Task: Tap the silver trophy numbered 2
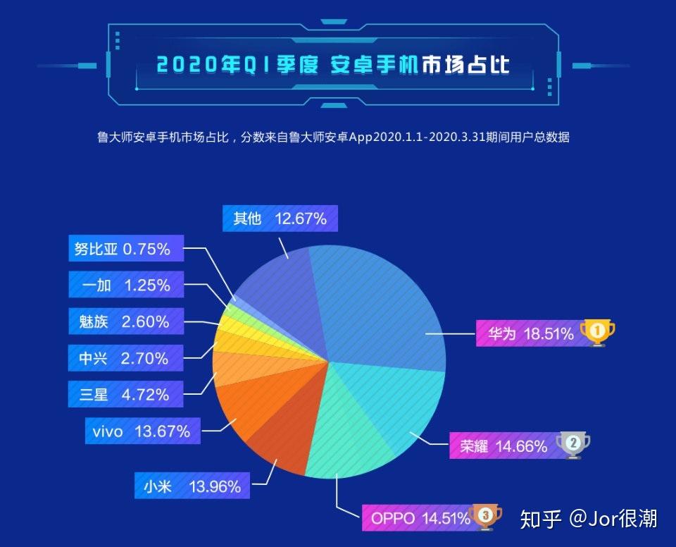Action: pos(572,444)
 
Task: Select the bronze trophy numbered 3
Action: pos(484,517)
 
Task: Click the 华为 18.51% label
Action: pos(527,334)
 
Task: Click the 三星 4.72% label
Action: pos(125,394)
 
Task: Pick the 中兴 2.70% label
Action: pos(125,358)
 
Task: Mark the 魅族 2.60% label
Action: pos(125,322)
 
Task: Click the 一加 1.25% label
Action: pos(125,285)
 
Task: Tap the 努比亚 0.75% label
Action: pos(125,249)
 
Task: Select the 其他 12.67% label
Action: pos(280,219)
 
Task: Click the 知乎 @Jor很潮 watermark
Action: pos(588,520)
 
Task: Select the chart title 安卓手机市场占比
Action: pos(332,66)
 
